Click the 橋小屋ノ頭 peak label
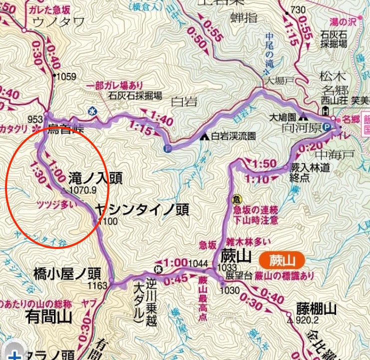pyautogui.click(x=67, y=273)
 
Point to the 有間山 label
pyautogui.click(x=48, y=316)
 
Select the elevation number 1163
pyautogui.click(x=98, y=286)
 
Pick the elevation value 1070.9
pyautogui.click(x=82, y=190)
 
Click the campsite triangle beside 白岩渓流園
pyautogui.click(x=205, y=136)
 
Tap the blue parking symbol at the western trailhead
pyautogui.click(x=167, y=148)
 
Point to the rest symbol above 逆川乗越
pyautogui.click(x=159, y=263)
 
